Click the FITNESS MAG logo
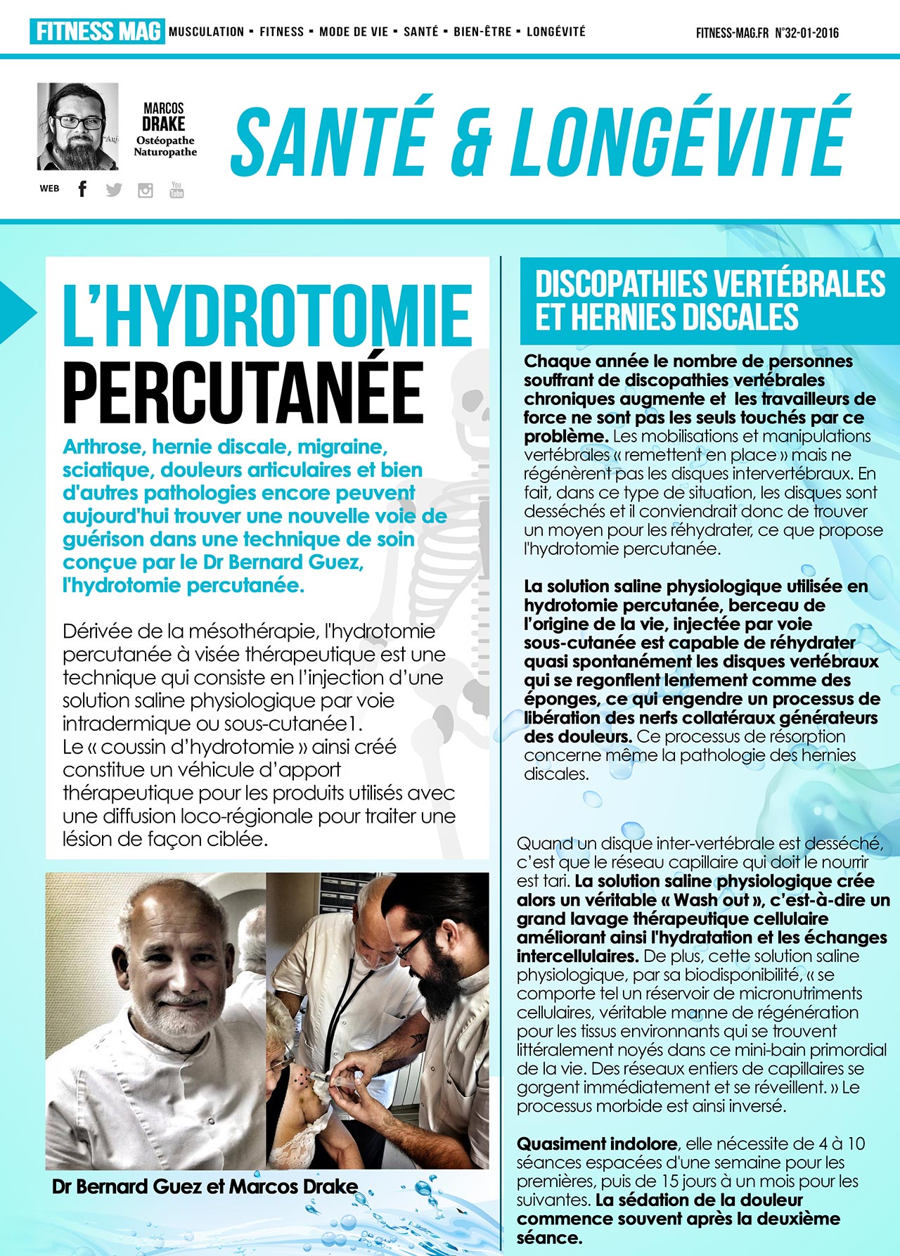97,32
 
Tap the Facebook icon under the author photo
82,188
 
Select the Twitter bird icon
114,189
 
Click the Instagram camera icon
146,190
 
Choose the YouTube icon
176,189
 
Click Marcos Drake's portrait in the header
77,127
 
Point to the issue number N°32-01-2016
806,33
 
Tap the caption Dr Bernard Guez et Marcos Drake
205,1186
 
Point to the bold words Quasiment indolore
597,1144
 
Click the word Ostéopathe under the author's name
165,141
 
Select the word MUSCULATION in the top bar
207,32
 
